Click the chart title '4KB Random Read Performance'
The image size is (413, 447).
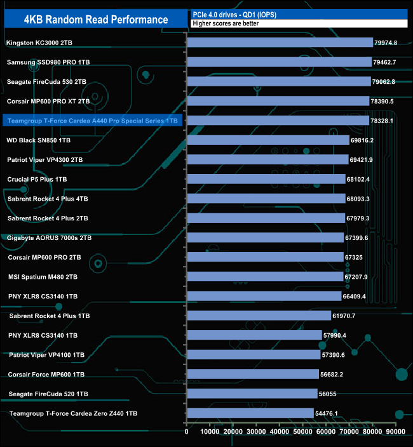96,20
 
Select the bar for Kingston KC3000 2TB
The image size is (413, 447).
280,43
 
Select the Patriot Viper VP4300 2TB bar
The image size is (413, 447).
267,159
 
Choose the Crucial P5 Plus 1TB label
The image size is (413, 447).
37,179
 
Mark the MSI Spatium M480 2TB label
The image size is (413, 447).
43,277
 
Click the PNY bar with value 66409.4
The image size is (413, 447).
264,296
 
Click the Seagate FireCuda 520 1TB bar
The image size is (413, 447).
252,394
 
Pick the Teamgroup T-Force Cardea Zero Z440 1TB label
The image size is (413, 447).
74,413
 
